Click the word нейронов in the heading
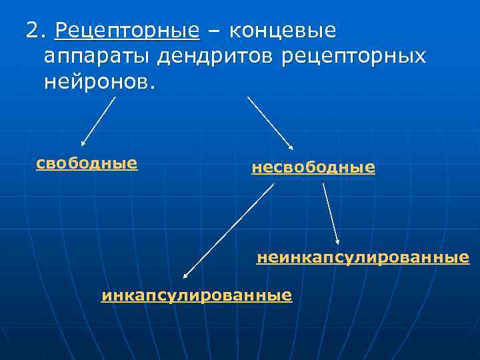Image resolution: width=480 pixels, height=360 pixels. pyautogui.click(x=98, y=82)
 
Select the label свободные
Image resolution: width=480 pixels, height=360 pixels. pyautogui.click(x=87, y=163)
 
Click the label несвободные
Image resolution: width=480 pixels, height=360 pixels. pyautogui.click(x=313, y=167)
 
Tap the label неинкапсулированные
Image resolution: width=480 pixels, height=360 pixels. pyautogui.click(x=363, y=257)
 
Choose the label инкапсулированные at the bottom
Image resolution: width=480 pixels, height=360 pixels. pyautogui.click(x=197, y=295)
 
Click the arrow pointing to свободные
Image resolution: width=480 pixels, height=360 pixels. pyautogui.click(x=99, y=121)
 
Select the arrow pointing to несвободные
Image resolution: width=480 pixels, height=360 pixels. pyautogui.click(x=270, y=122)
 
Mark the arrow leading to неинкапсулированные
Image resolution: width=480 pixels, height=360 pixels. pyautogui.click(x=331, y=213)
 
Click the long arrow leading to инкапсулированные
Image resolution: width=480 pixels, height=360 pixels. pyautogui.click(x=229, y=230)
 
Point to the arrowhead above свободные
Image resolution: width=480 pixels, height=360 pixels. pyautogui.click(x=83, y=143)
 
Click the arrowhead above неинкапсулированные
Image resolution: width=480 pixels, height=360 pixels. pyautogui.click(x=337, y=241)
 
